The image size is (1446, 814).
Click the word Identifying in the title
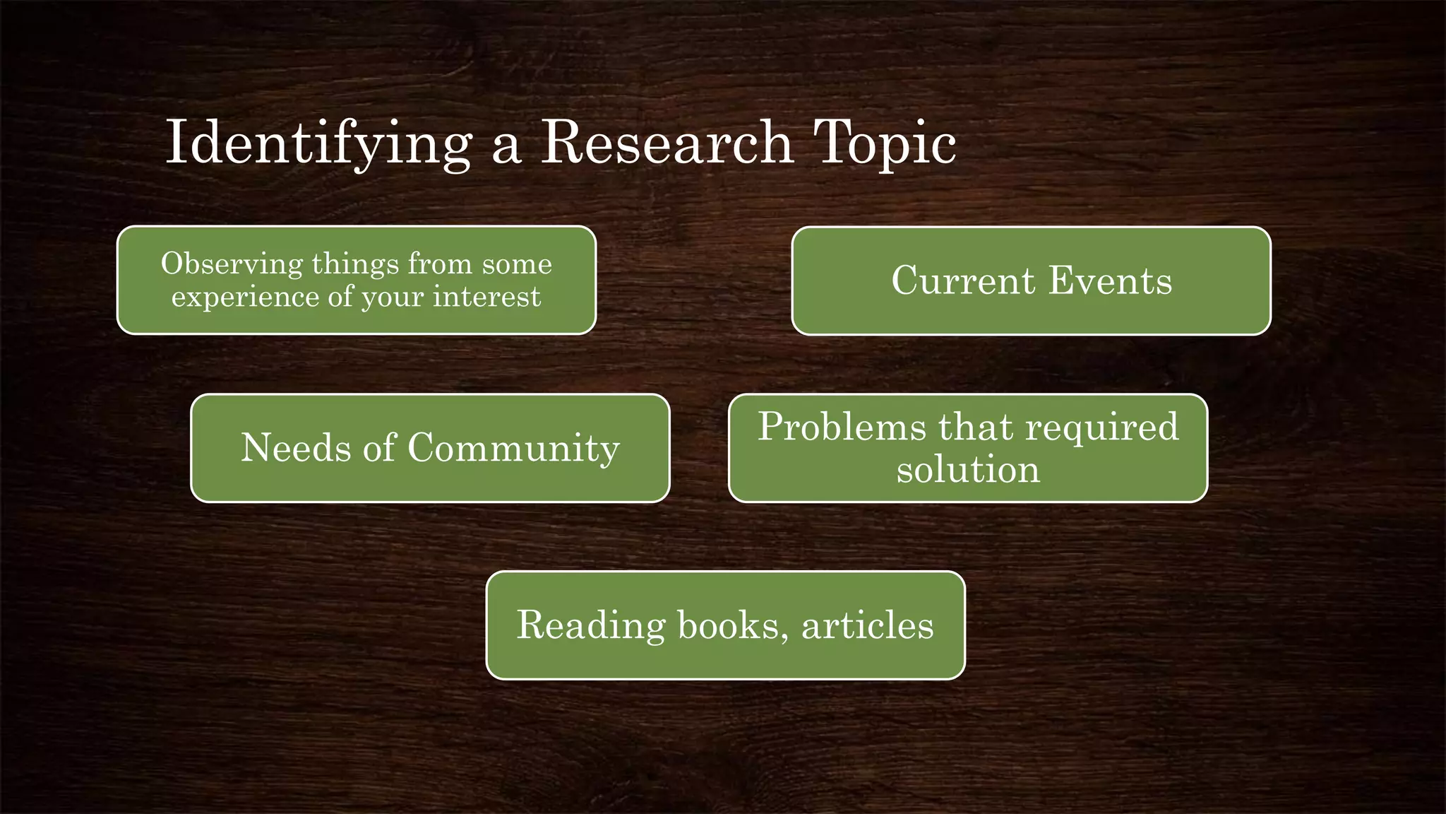point(318,143)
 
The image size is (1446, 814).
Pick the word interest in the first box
point(486,296)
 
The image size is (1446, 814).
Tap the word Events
point(1110,281)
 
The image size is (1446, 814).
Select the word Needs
point(295,448)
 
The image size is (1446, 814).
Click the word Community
point(513,449)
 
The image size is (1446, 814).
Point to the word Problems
point(842,427)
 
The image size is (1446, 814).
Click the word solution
point(968,470)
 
